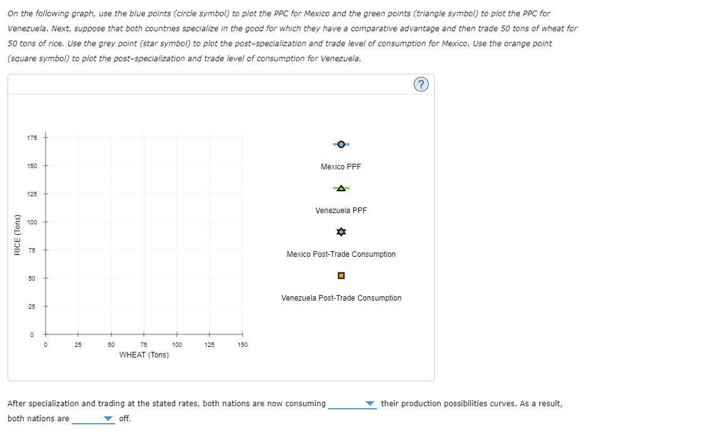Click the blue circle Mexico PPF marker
[x=341, y=144]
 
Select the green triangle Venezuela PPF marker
[x=341, y=188]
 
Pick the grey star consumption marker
[x=341, y=232]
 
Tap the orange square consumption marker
[x=341, y=276]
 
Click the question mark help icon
[x=422, y=85]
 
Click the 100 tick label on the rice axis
[x=32, y=222]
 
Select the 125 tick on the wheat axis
[x=209, y=334]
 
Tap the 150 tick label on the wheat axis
[x=242, y=344]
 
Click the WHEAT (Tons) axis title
[x=144, y=355]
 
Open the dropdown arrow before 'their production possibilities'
[x=370, y=404]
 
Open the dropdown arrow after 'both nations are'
[x=109, y=419]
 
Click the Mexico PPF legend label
[x=341, y=167]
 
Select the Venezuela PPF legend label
[x=341, y=211]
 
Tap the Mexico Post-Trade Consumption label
[x=341, y=254]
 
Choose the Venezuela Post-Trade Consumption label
[x=341, y=298]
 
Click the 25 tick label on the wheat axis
[x=78, y=344]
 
